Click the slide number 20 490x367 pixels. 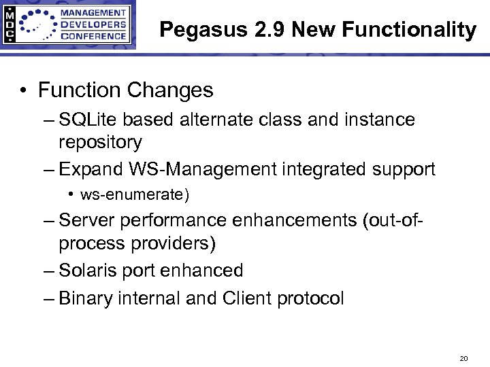pos(464,357)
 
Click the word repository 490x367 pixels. pos(100,143)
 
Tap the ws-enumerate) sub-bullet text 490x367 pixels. pos(135,196)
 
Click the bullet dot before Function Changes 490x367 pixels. pos(24,90)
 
